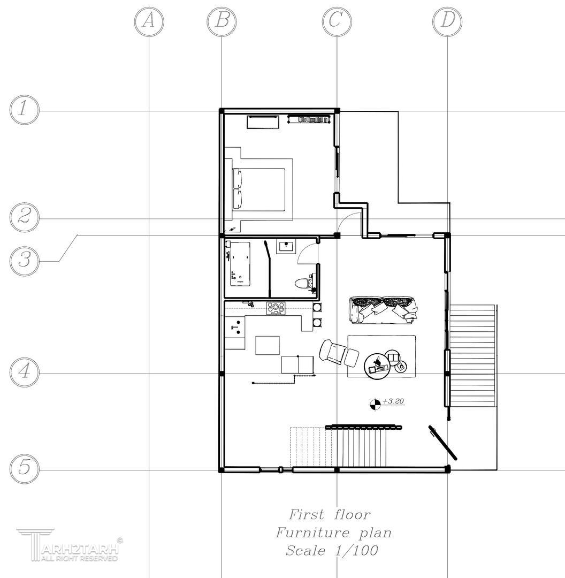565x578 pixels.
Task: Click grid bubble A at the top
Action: coord(149,21)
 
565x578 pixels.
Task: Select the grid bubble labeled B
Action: coord(222,21)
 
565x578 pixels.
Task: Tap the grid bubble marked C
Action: coord(337,21)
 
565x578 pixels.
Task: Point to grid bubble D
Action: coord(447,21)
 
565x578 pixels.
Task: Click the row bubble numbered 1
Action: coord(24,110)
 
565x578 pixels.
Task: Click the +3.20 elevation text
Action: coord(394,401)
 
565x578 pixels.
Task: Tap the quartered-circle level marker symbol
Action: coord(375,405)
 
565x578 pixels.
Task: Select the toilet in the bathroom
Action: coord(304,283)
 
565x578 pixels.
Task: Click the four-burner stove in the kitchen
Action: coord(276,308)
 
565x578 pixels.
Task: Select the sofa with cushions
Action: coord(383,310)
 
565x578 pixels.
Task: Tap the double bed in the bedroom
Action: coord(259,189)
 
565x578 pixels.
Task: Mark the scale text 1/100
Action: coord(356,550)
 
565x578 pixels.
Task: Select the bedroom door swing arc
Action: coord(347,220)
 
